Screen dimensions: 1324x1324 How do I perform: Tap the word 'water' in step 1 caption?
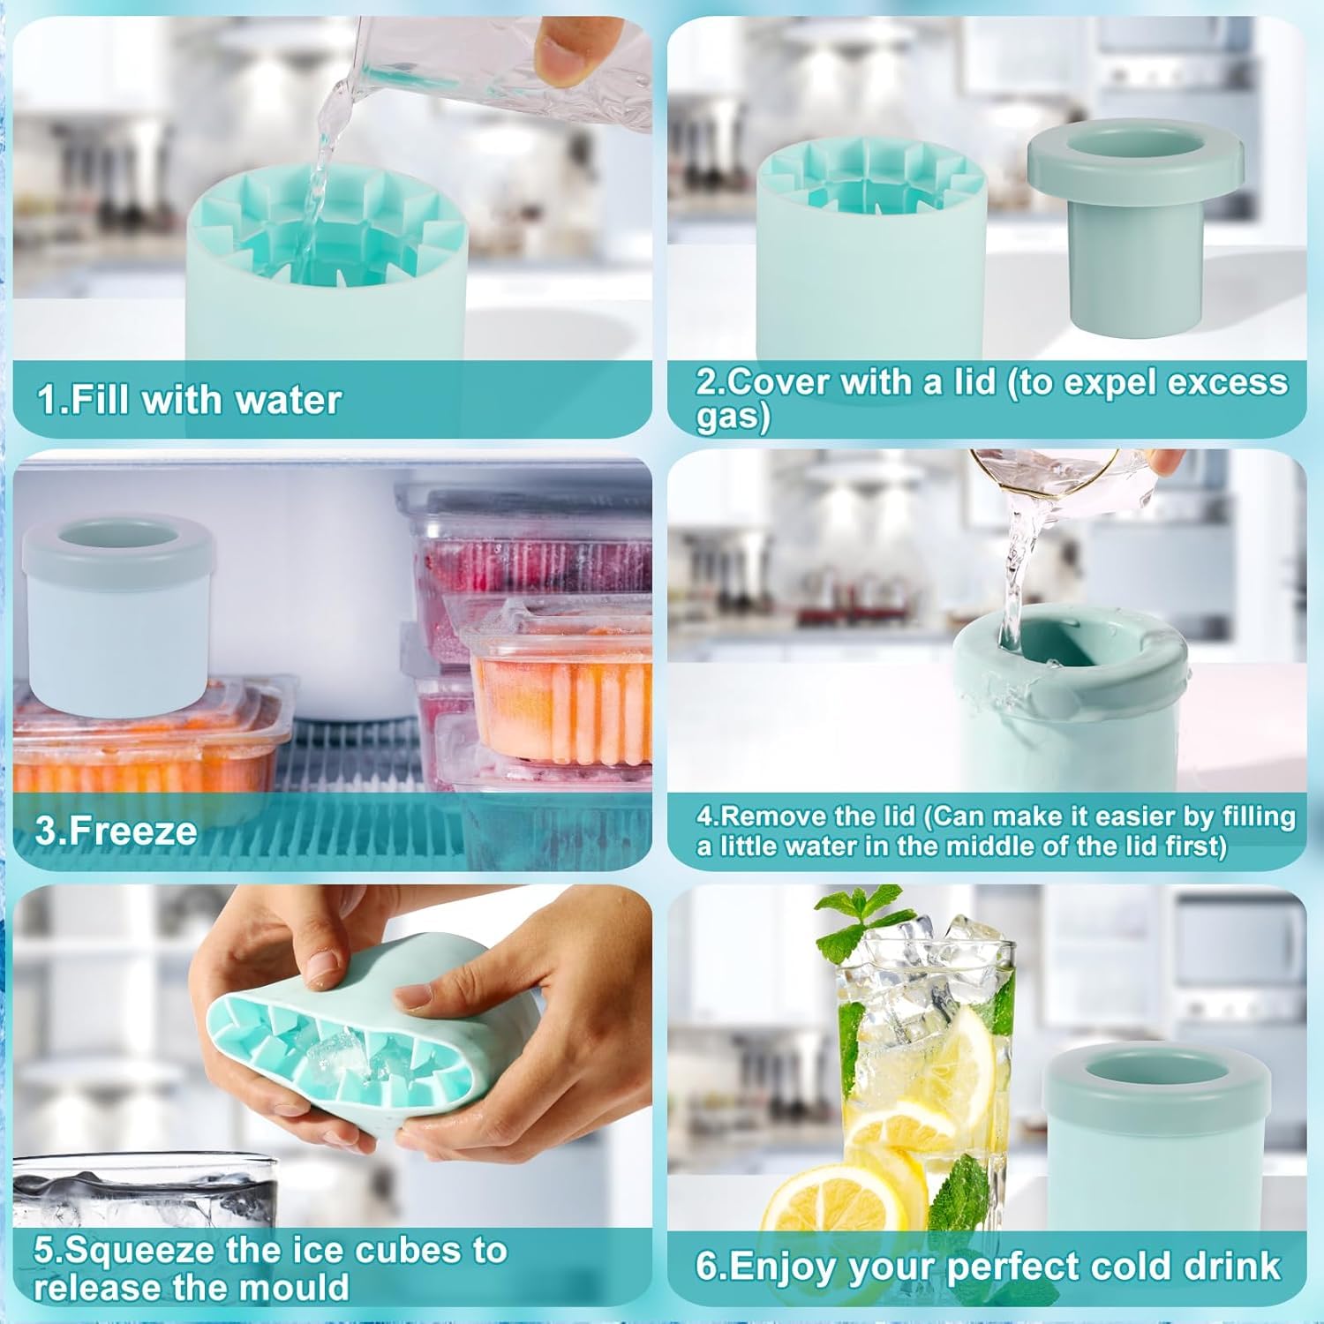click(x=288, y=400)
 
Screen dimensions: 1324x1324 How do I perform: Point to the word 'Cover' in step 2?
click(x=777, y=382)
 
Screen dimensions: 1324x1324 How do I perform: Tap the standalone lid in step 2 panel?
click(x=1133, y=221)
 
